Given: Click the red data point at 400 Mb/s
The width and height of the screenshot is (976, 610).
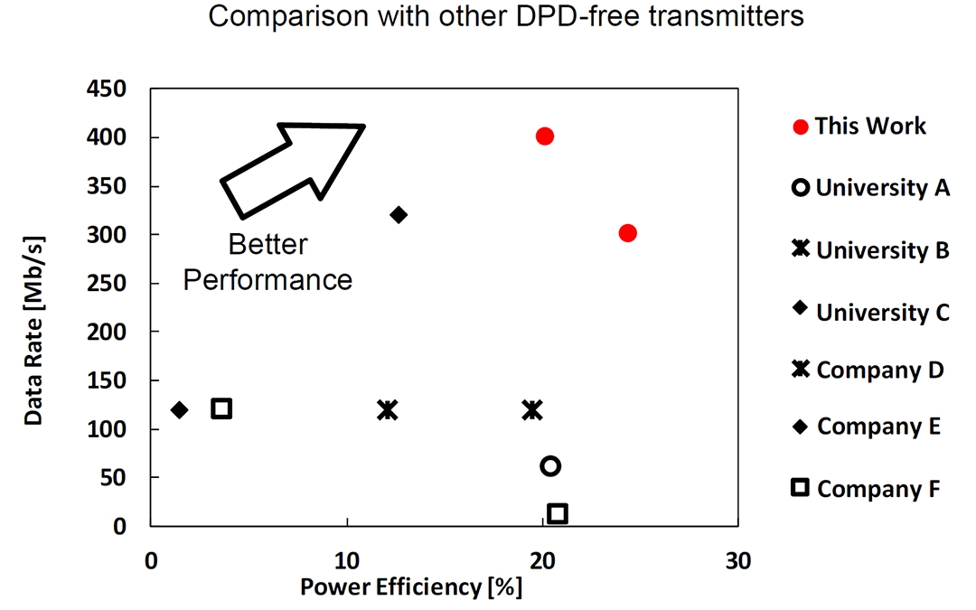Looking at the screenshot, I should pos(544,136).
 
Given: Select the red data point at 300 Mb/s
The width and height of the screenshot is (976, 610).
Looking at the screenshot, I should pos(628,233).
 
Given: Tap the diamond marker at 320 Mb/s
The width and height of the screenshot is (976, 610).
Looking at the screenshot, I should pos(399,214).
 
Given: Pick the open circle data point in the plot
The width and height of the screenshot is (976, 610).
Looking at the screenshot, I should pos(550,465).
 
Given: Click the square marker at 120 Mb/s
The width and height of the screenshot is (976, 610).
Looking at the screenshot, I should pos(221,408).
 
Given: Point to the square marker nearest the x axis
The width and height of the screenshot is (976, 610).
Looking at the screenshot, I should pos(558,513).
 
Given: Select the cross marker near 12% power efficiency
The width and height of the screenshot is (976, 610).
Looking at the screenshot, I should pos(387,409).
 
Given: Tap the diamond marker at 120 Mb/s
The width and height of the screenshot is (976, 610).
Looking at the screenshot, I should pos(179,409).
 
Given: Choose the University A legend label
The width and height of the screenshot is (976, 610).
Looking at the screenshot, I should pos(882,188).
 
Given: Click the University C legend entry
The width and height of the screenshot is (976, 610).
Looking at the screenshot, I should pos(882,313).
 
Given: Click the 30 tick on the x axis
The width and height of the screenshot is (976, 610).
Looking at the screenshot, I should pos(737,560).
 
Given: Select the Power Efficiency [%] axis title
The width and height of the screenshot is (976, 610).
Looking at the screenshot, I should pos(411,587).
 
